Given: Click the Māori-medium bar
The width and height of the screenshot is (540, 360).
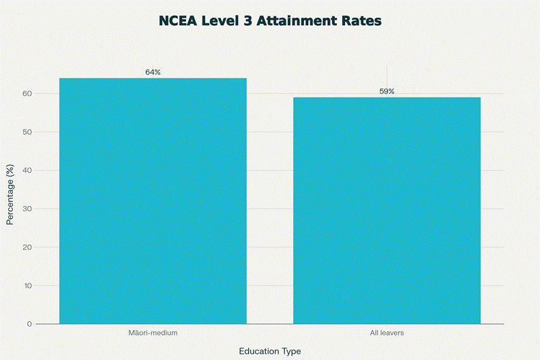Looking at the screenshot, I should point(153,200).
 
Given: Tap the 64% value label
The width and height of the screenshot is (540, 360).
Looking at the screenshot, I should point(153,72).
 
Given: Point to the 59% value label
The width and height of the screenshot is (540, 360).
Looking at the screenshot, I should point(387,91).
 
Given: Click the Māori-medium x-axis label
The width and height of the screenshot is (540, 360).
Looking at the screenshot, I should point(153,333).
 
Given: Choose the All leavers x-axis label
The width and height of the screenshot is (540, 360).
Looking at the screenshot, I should point(387,333).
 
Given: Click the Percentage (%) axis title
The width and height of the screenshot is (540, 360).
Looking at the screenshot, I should point(10,194).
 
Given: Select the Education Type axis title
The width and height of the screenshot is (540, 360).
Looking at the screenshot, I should point(270,350).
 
